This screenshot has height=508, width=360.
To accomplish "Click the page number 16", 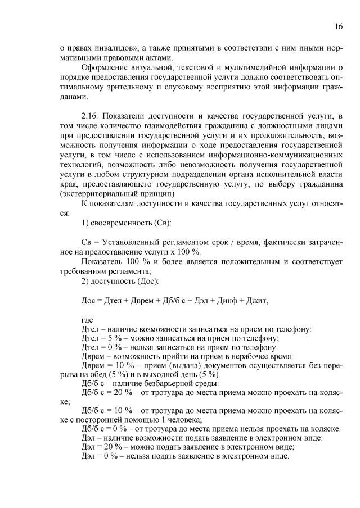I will coord(338,26).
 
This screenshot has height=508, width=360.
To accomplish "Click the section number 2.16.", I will coord(92,116).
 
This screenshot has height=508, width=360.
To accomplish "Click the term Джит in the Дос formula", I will coord(257,301).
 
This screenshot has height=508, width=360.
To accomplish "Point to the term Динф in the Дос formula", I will coord(226,301).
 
